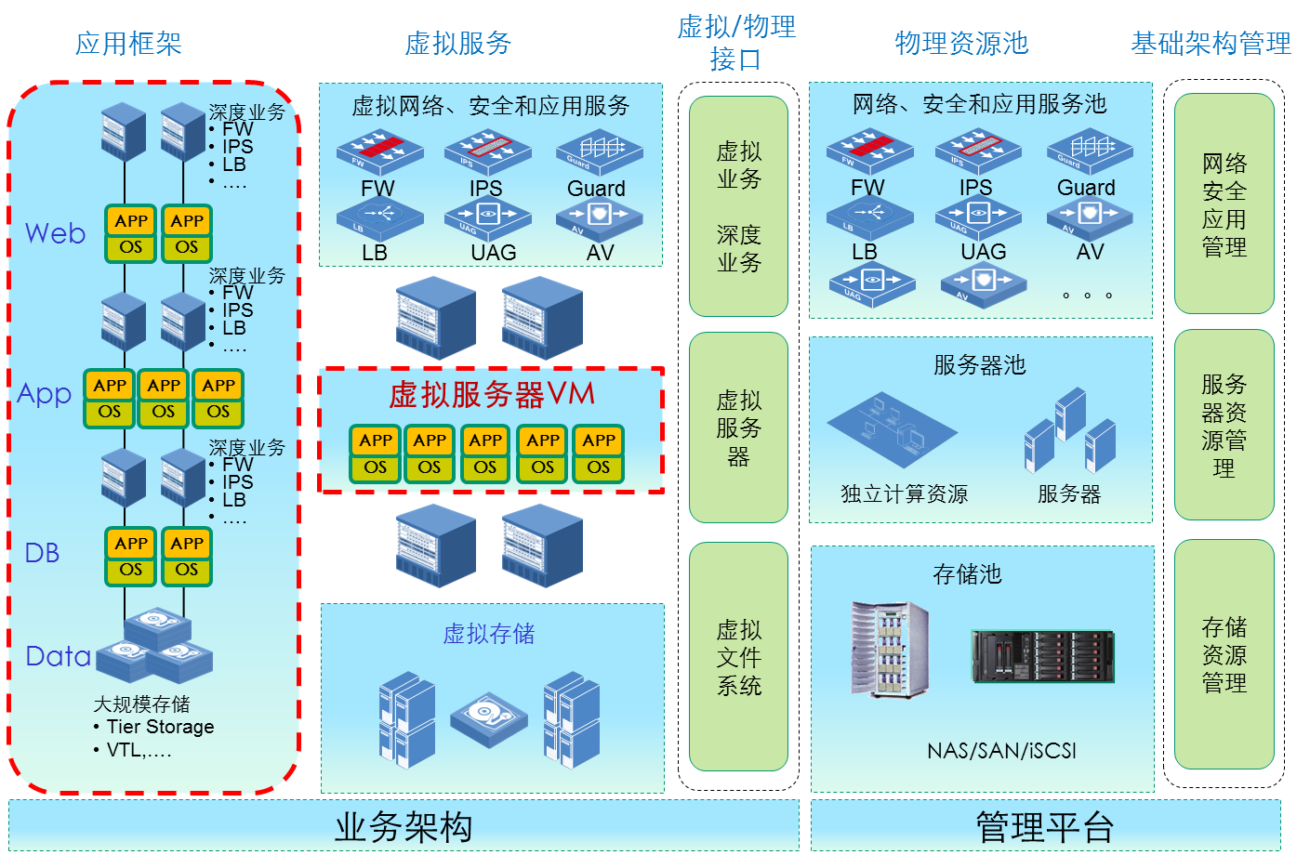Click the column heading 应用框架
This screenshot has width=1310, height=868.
tap(128, 44)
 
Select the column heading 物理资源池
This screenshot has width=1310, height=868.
tap(961, 44)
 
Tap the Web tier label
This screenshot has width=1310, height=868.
tap(55, 233)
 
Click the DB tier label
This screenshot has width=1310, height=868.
tap(42, 553)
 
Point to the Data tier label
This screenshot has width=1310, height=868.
tap(58, 656)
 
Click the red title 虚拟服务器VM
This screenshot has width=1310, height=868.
tap(491, 395)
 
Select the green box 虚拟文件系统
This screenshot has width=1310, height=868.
tap(738, 657)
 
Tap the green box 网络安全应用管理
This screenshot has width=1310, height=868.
tap(1224, 204)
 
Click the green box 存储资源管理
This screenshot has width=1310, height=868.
tap(1224, 654)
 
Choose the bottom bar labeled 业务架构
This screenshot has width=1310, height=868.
tap(404, 826)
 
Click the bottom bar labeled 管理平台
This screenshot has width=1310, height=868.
tap(1045, 826)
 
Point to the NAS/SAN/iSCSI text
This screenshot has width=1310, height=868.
tap(1001, 751)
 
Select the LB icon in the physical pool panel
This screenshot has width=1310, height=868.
tap(869, 218)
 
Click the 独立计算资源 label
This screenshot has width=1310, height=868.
tap(904, 494)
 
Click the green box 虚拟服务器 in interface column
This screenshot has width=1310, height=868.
tap(738, 427)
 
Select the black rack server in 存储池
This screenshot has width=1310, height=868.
tap(1042, 656)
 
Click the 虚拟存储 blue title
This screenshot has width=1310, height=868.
tap(488, 634)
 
